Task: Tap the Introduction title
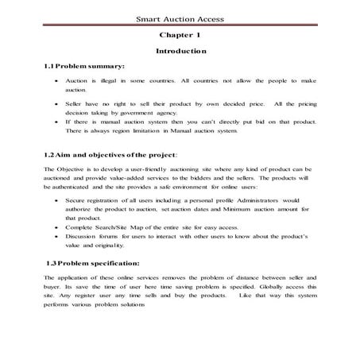click(x=181, y=51)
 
